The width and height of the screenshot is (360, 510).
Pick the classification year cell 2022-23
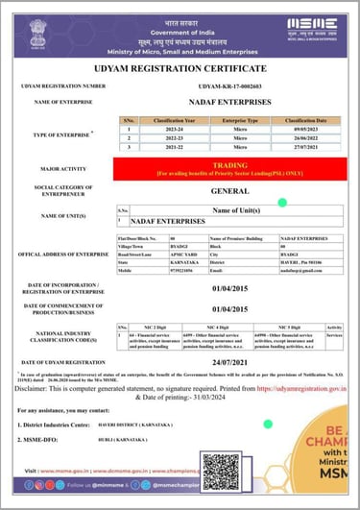click(x=169, y=137)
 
